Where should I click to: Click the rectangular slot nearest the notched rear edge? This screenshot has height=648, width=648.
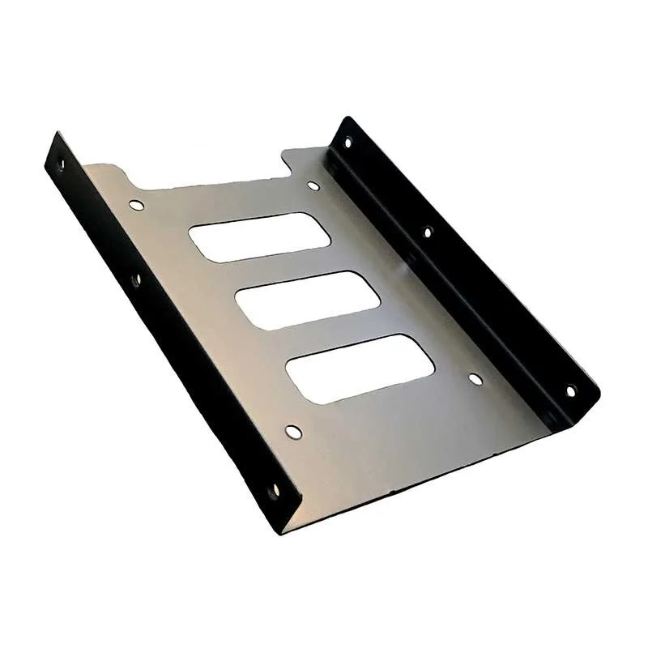click(x=260, y=237)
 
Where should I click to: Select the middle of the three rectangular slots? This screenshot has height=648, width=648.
click(x=308, y=300)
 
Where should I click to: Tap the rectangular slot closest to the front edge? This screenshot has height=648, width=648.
click(x=360, y=369)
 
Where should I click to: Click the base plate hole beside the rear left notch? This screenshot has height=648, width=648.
click(x=136, y=205)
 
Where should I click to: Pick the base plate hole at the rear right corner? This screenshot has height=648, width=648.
click(x=313, y=185)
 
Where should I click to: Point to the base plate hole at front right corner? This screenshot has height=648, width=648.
click(x=475, y=378)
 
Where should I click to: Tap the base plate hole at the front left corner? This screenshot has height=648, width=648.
click(x=293, y=433)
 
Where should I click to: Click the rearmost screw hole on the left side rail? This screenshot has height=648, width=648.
click(x=60, y=164)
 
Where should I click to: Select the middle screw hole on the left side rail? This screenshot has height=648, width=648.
click(x=136, y=280)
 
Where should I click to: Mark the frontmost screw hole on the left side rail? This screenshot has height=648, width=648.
click(x=274, y=490)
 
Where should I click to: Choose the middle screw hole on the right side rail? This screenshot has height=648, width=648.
click(x=428, y=232)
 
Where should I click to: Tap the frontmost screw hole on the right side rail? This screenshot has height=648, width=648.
click(x=570, y=390)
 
